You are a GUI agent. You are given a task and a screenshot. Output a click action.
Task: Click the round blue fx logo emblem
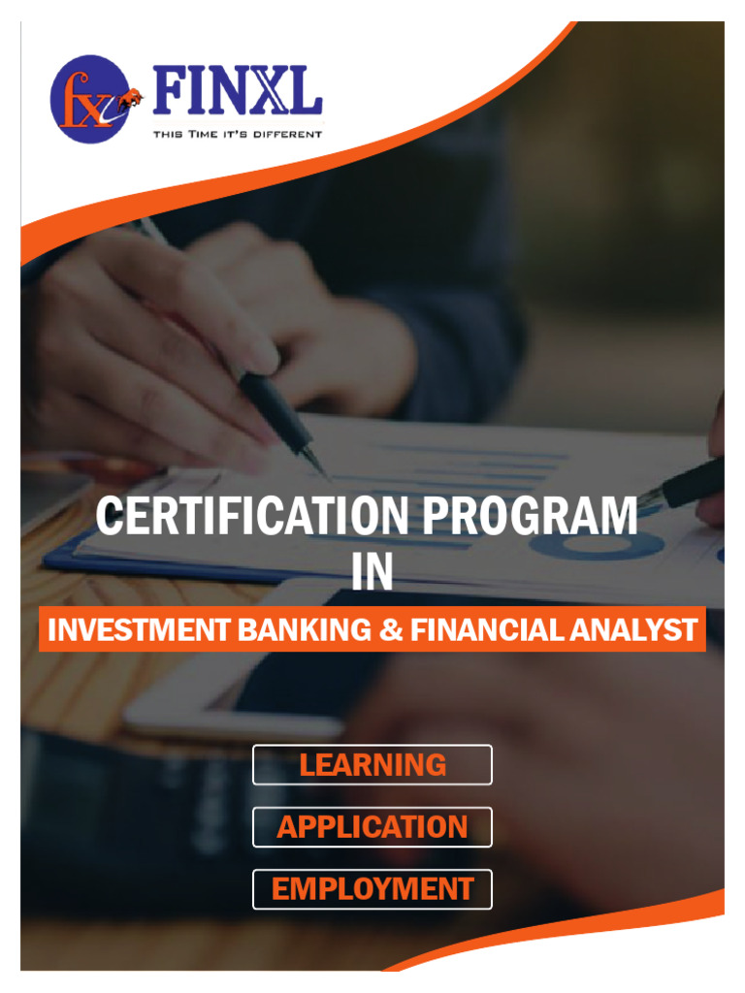[89, 100]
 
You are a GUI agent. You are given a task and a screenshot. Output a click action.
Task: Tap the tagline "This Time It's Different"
[237, 134]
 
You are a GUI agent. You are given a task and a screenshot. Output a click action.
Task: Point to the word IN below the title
[372, 573]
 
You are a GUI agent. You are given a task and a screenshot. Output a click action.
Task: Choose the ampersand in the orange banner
[390, 630]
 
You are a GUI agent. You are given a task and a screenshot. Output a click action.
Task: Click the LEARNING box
[372, 764]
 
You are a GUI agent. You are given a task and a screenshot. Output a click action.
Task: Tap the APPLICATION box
[372, 826]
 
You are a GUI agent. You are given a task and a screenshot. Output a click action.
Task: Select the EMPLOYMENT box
[372, 888]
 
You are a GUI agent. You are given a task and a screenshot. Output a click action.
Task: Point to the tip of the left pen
[326, 475]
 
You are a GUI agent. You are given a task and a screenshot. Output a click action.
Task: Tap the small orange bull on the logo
[129, 97]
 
